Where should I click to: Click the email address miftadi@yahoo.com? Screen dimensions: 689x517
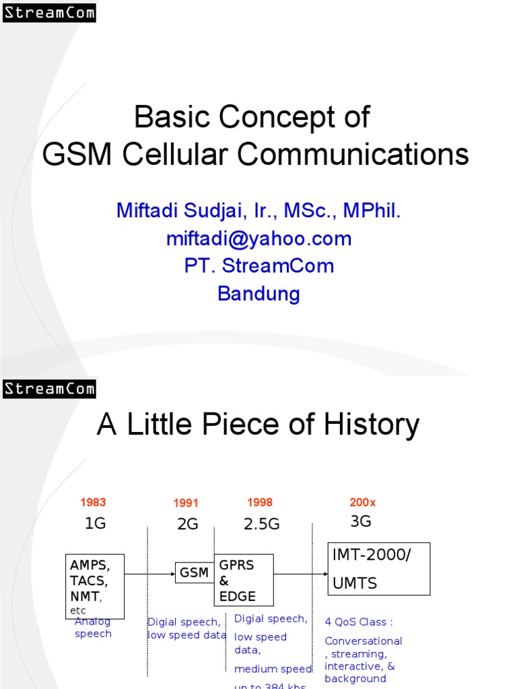[x=259, y=238]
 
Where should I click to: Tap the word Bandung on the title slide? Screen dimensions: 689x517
[x=259, y=293]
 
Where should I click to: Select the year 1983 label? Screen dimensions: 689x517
[x=93, y=502]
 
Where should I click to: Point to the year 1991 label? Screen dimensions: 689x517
[x=186, y=503]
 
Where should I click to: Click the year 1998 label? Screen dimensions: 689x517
[x=260, y=502]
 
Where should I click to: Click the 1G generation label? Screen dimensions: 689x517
[x=95, y=523]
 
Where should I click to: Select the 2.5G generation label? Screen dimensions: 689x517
[x=261, y=524]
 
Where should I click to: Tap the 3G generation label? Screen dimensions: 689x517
[x=361, y=521]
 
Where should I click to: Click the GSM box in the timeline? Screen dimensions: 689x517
[x=194, y=573]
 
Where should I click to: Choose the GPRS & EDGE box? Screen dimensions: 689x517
[x=244, y=580]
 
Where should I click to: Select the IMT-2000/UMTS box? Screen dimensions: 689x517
[x=379, y=569]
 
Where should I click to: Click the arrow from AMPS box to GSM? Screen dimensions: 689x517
[x=149, y=574]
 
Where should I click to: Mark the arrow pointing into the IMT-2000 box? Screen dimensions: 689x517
[x=300, y=574]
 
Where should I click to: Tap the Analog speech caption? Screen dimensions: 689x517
[x=93, y=628]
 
